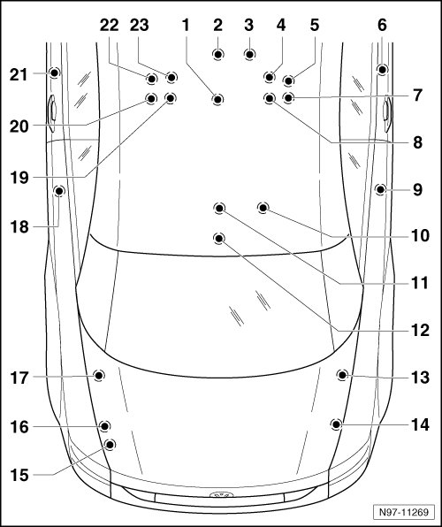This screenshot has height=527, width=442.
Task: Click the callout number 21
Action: (19, 74)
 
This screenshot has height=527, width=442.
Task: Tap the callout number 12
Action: (421, 331)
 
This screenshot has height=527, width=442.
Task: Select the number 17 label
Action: (19, 378)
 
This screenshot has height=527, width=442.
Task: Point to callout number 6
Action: (382, 25)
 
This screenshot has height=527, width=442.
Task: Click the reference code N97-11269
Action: (404, 512)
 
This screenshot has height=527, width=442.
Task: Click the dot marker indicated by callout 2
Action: (218, 54)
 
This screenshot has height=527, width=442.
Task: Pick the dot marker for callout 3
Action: (249, 54)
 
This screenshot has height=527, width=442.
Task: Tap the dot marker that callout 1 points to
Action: (217, 99)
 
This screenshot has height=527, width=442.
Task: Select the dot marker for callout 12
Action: (219, 238)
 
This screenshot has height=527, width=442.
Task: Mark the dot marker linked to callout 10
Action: (263, 208)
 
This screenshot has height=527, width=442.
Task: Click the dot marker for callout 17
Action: (98, 375)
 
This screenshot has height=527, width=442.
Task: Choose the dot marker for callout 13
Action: (342, 375)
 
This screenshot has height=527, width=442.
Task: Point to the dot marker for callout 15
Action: (110, 444)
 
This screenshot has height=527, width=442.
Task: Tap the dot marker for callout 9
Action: (380, 189)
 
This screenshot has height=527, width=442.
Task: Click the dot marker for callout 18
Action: (59, 191)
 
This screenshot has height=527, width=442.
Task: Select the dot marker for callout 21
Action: (54, 73)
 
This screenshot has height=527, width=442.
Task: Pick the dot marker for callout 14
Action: (336, 424)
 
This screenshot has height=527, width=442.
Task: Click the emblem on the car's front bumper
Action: (222, 495)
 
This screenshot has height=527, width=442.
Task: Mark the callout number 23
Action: (140, 25)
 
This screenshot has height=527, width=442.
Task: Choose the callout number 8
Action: (417, 142)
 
